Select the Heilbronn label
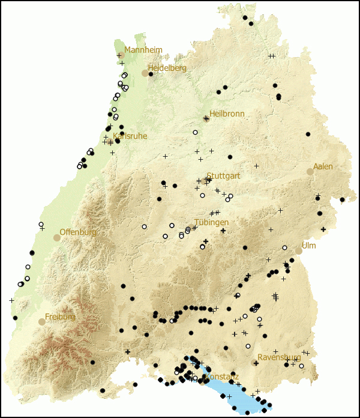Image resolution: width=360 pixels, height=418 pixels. tap(226, 114)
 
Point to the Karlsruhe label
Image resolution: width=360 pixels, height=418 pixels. tap(130, 136)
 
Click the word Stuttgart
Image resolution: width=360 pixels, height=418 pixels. tap(223, 176)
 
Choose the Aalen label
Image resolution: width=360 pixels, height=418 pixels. tap(323, 166)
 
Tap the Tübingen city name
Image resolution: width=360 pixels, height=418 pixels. tap(211, 222)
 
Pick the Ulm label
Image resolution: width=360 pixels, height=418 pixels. tap(308, 246)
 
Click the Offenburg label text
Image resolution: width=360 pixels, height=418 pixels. tap(78, 232)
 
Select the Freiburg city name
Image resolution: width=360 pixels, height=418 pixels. tap(60, 317)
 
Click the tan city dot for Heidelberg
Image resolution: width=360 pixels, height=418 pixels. tap(145, 73)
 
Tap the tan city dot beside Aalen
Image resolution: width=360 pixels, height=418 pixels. tap(310, 171)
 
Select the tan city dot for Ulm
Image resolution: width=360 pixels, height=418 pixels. tap(298, 251)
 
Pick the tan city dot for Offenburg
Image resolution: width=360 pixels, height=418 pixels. tap(56, 238)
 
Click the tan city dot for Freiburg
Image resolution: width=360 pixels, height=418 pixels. tap(41, 322)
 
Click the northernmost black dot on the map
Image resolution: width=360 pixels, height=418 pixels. tap(245, 18)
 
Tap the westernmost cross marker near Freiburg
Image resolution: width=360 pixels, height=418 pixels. tap(11, 300)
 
